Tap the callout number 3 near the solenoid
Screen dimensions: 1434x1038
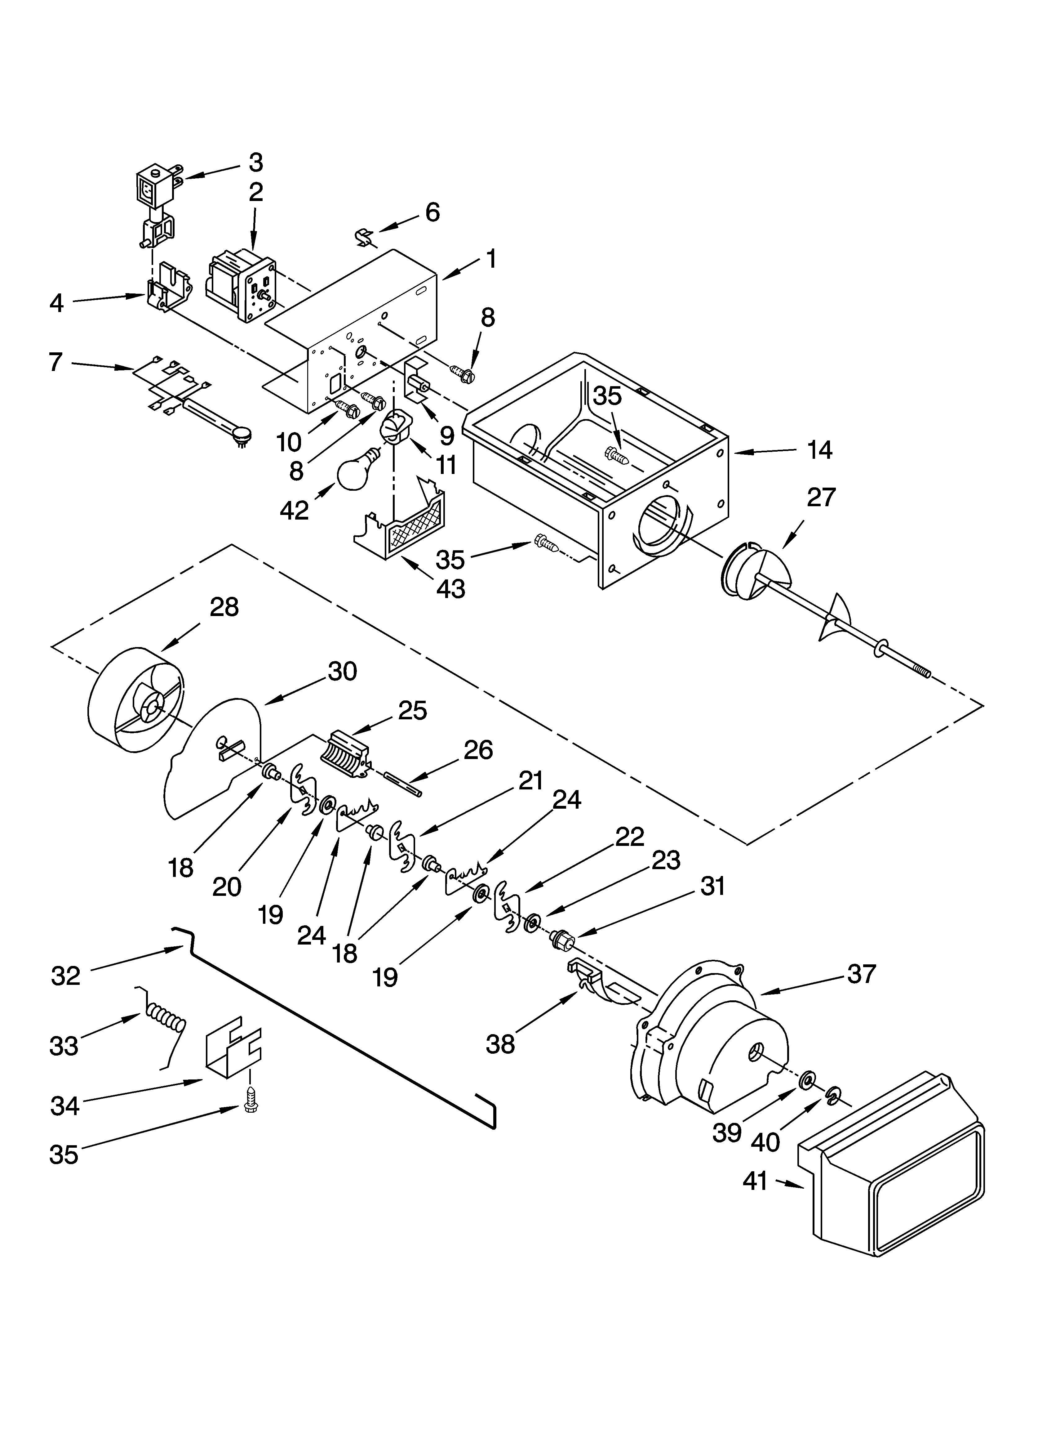[x=255, y=163]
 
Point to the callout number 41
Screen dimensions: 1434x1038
[x=756, y=1181]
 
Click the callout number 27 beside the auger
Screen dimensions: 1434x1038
[x=821, y=498]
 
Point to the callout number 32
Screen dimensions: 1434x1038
[x=66, y=976]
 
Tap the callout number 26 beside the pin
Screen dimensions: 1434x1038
[x=478, y=750]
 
